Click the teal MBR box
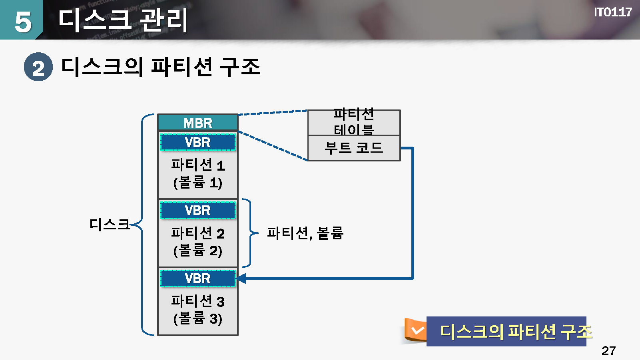[x=198, y=123]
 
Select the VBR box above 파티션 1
[x=198, y=142]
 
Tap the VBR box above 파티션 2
[x=198, y=210]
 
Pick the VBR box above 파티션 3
[x=198, y=278]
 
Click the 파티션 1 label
[x=198, y=165]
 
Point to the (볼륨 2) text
[x=198, y=251]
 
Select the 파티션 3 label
[x=198, y=301]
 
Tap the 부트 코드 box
[x=354, y=148]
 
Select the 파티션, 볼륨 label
[x=305, y=233]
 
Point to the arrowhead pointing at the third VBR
[x=241, y=278]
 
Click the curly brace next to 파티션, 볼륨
[x=251, y=233]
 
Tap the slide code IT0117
[x=612, y=12]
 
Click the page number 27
[x=608, y=350]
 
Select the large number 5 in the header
[x=23, y=22]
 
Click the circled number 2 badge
[x=38, y=67]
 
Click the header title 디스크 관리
[x=123, y=20]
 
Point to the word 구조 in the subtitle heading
[x=240, y=67]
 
